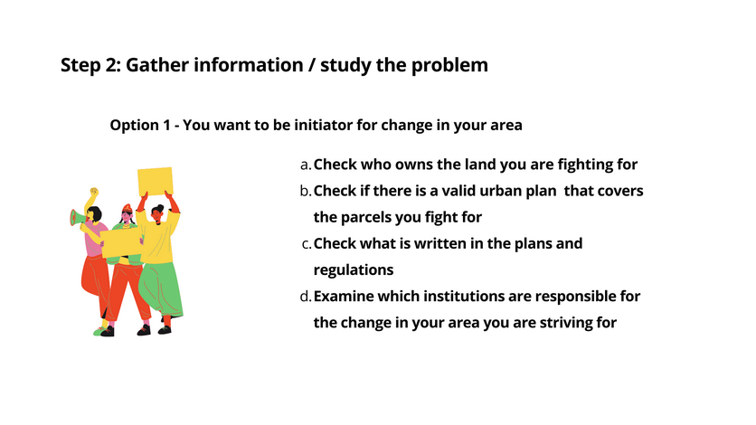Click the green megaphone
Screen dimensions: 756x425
[x=77, y=218]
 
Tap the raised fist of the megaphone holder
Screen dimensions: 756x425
[x=94, y=192]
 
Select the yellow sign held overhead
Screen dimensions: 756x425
[x=156, y=181]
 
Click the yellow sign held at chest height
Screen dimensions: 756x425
[x=121, y=243]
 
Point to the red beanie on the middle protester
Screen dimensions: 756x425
[x=127, y=208]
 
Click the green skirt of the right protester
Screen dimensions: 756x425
[x=162, y=288]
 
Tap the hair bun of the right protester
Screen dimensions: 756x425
[x=161, y=207]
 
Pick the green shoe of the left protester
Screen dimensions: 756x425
[x=99, y=332]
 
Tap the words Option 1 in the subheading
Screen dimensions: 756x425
[x=140, y=126]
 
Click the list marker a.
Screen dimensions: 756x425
[x=306, y=165]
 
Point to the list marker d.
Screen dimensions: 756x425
[x=306, y=297]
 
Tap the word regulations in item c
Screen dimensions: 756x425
[x=354, y=270]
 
